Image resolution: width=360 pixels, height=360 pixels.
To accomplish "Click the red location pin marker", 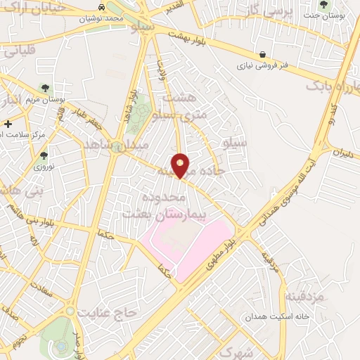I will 181,165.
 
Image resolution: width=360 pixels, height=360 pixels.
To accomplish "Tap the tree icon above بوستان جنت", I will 323,4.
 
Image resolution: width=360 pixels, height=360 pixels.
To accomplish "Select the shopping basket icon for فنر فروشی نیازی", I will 262,54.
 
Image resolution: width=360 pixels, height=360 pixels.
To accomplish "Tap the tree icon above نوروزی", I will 44,155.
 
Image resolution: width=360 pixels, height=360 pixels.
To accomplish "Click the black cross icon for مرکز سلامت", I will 7,124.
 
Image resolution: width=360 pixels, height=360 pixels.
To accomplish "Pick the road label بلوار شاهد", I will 129,105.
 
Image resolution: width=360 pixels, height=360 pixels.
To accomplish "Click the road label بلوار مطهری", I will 221,255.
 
